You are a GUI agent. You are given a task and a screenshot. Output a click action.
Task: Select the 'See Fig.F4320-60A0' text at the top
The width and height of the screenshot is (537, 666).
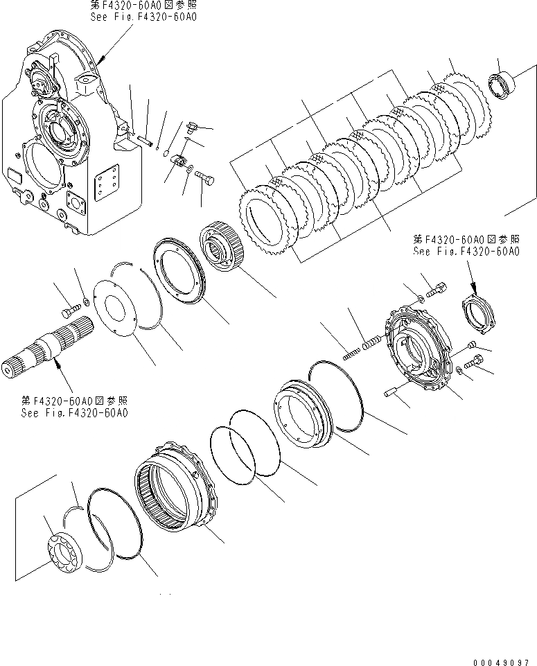(x=143, y=16)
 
